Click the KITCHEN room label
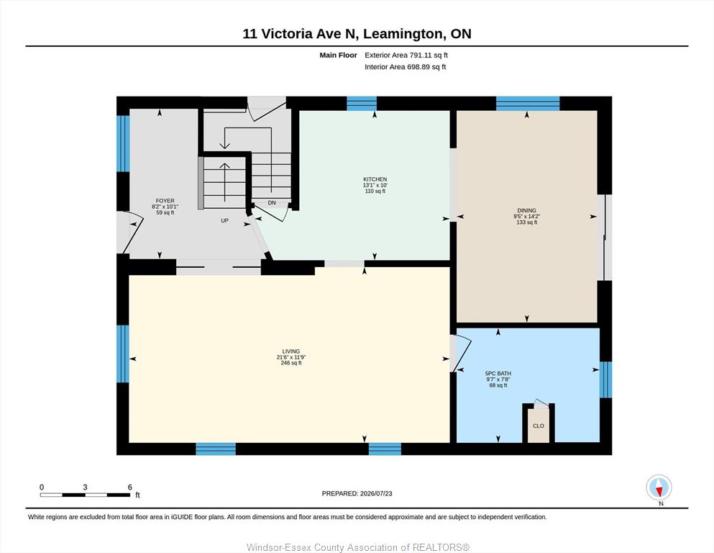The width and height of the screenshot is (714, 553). click(x=375, y=179)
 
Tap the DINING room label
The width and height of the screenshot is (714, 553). click(x=526, y=211)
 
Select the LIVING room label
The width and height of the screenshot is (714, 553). click(x=291, y=351)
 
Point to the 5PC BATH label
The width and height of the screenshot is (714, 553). click(x=498, y=374)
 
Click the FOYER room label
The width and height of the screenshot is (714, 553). click(x=165, y=201)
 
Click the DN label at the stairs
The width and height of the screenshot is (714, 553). click(x=272, y=203)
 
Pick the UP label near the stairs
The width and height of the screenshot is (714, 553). click(x=224, y=220)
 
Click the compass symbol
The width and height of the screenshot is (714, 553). click(x=659, y=487)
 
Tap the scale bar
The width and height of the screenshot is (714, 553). click(x=85, y=495)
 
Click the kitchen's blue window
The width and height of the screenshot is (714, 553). click(x=362, y=104)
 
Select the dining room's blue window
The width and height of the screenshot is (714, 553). click(x=527, y=104)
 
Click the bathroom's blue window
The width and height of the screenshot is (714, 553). click(x=605, y=379)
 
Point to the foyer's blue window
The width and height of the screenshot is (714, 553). click(x=123, y=143)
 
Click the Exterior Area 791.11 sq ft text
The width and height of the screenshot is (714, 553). click(x=406, y=55)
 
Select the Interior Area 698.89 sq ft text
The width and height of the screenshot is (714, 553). click(x=406, y=67)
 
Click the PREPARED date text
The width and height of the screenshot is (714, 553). click(x=357, y=493)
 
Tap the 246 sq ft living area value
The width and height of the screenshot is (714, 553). click(x=291, y=363)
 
